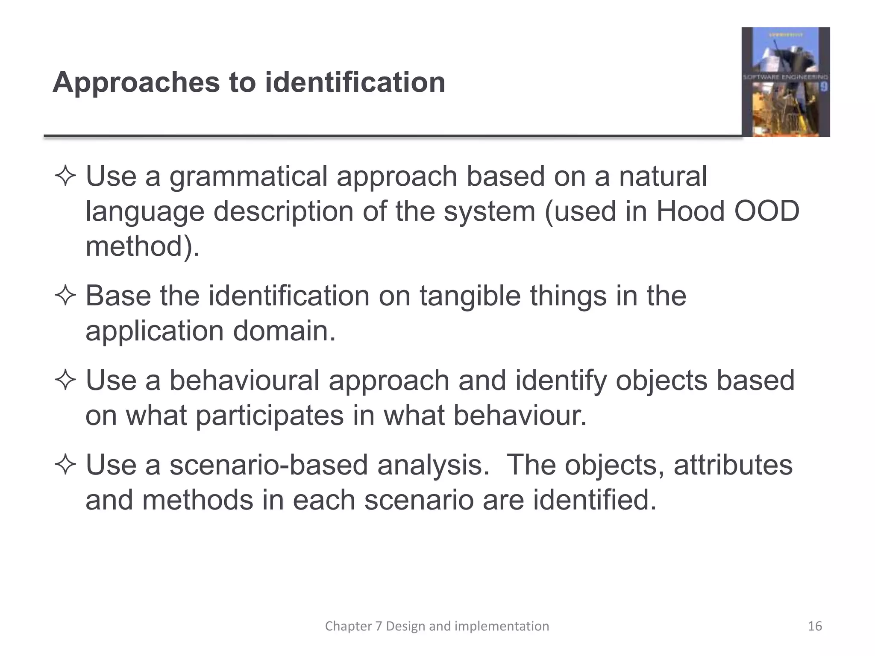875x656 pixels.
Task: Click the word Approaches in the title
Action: click(135, 82)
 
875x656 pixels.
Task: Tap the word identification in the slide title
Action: click(355, 82)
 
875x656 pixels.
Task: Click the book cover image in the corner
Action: click(785, 82)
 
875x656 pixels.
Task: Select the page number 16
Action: click(815, 626)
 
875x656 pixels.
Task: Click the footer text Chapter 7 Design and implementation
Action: click(437, 626)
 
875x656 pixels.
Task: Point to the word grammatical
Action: click(248, 177)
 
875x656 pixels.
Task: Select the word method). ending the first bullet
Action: click(142, 246)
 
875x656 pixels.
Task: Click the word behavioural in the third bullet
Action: click(244, 380)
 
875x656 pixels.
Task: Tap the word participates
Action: click(270, 415)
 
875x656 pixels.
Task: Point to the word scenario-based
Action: click(269, 465)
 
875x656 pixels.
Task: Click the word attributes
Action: click(733, 465)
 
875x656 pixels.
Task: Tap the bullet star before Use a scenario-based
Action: click(65, 465)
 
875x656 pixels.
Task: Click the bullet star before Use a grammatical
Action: click(65, 177)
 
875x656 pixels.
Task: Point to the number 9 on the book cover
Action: click(823, 87)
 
